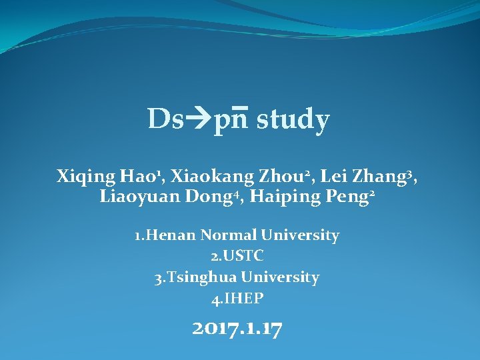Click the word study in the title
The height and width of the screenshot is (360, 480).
[x=293, y=120]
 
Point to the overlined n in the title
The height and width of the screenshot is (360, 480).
[x=241, y=121]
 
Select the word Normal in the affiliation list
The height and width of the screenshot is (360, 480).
[x=229, y=235]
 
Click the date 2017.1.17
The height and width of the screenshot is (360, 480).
[x=237, y=329]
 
